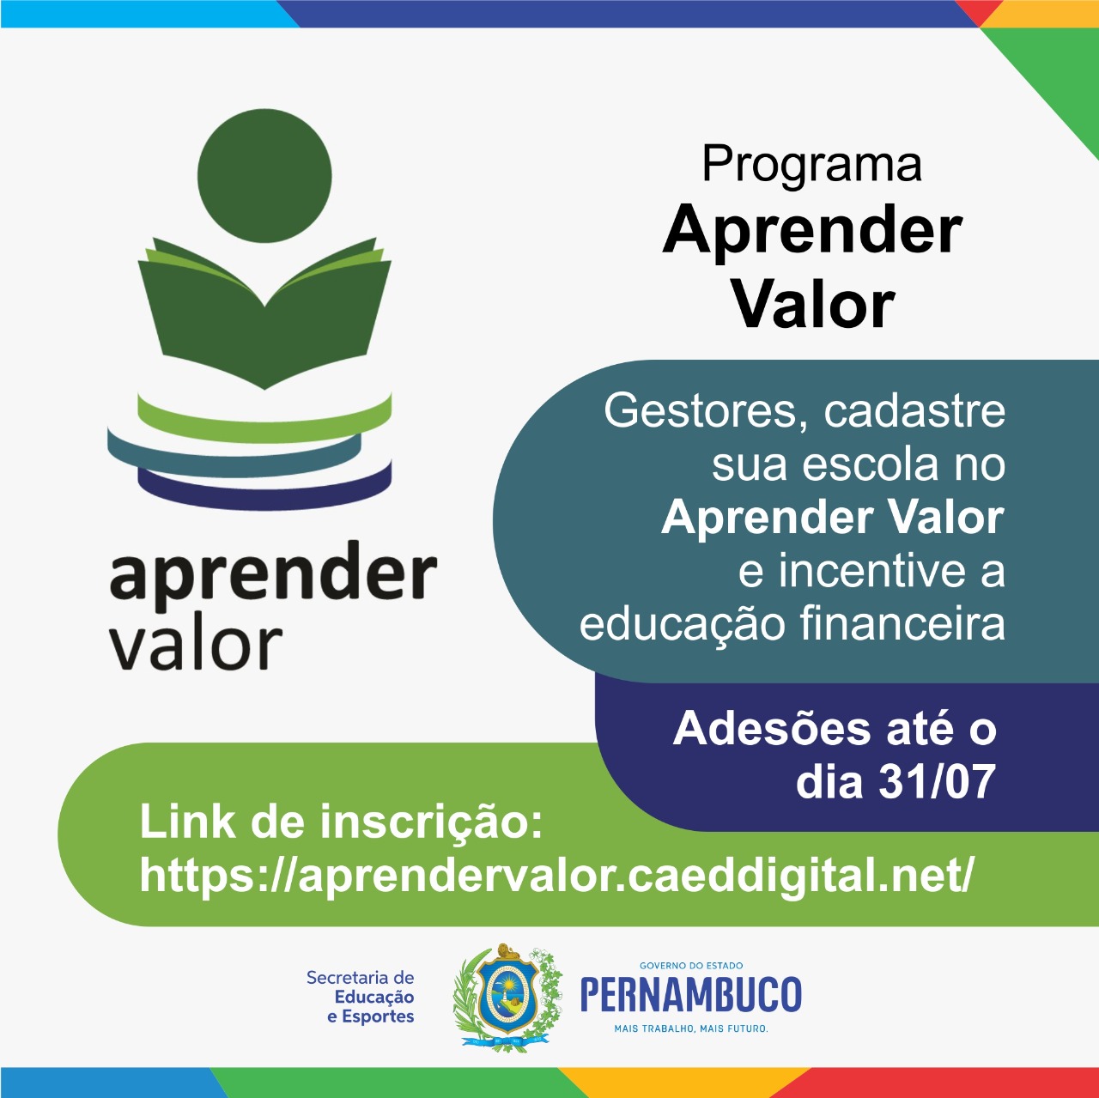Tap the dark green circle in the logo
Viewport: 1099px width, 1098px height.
click(264, 176)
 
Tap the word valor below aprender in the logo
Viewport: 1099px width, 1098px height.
click(196, 643)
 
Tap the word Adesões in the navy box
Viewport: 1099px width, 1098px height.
click(772, 729)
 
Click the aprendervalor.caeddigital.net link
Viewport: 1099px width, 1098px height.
click(557, 877)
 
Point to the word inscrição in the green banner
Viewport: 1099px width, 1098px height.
click(431, 823)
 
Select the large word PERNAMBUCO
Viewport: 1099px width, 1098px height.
click(691, 994)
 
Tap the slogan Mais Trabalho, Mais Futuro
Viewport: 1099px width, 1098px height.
click(691, 1028)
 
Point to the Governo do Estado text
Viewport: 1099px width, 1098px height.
click(691, 965)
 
